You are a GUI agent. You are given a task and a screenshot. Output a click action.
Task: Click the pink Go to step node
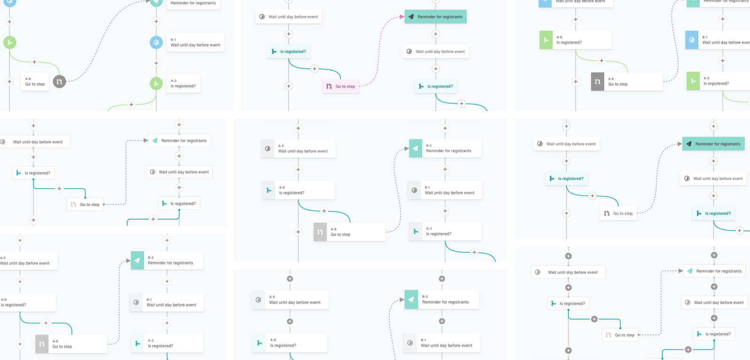[x=341, y=86]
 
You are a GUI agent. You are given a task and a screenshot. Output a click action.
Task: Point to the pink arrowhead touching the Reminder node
[x=402, y=17]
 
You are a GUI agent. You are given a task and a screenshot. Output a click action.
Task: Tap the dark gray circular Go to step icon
[x=59, y=82]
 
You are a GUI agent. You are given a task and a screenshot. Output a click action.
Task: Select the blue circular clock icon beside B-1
[x=156, y=43]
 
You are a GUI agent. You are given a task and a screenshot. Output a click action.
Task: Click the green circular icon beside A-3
[x=156, y=84]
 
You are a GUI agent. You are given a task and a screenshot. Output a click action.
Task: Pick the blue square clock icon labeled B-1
[x=691, y=40]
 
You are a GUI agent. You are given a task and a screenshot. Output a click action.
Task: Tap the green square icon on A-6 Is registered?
[x=546, y=40]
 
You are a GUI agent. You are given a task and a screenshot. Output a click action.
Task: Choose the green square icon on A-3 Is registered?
[x=693, y=81]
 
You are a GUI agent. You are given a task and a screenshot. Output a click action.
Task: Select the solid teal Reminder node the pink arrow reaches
[x=435, y=17]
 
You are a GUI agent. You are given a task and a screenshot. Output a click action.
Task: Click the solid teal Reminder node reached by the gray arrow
[x=713, y=144]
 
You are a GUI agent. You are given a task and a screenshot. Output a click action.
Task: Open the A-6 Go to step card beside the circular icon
[x=35, y=82]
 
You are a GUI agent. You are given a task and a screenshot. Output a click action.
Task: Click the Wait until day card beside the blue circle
[x=195, y=43]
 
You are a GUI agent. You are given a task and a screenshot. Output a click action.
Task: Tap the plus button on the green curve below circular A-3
[x=131, y=105]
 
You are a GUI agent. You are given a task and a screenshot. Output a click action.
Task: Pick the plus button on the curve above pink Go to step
[x=314, y=69]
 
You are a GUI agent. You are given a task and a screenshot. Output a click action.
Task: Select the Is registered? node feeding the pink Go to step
[x=289, y=52]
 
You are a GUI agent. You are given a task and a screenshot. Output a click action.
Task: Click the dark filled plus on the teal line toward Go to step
[x=594, y=319]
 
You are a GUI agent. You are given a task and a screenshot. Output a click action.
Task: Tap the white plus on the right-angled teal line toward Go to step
[x=59, y=189]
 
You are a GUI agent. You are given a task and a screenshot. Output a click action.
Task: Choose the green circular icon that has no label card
[x=9, y=43]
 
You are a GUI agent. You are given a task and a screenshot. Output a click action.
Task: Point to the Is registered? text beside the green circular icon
[x=183, y=86]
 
